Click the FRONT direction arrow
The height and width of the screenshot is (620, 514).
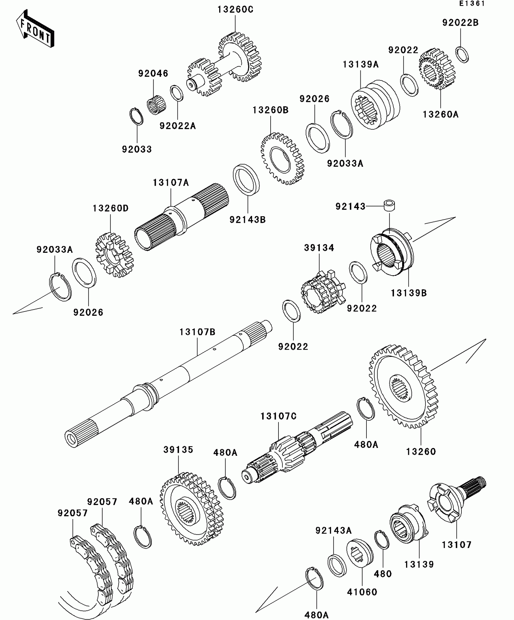coord(35,29)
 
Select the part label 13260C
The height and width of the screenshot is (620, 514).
coord(235,10)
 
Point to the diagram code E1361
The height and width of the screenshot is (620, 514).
coord(472,4)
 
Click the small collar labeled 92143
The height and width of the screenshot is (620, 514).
coord(389,205)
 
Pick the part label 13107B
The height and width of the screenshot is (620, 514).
coord(197,332)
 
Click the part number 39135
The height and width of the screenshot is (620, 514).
coord(178,450)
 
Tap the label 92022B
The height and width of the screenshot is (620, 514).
coord(460,23)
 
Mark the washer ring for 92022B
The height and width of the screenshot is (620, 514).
coord(462,55)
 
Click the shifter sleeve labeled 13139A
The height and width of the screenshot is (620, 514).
coord(375,105)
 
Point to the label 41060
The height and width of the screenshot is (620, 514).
coord(362,592)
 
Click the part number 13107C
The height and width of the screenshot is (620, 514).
coord(278,416)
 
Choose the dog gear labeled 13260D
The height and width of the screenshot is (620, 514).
coord(114,255)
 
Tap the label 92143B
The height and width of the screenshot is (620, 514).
coord(247,220)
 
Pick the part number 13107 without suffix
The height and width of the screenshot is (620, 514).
coord(457,545)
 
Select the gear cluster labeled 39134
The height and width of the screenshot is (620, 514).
coord(323,292)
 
